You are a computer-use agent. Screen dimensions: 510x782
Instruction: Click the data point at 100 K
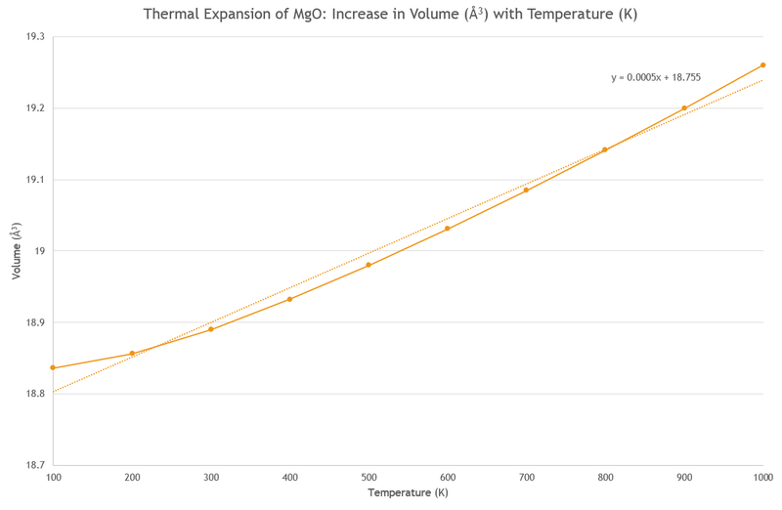pyautogui.click(x=53, y=368)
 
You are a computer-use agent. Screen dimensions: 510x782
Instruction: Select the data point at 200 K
pyautogui.click(x=132, y=354)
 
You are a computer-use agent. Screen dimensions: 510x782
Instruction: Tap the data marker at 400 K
pyautogui.click(x=289, y=299)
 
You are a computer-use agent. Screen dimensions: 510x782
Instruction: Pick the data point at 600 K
pyautogui.click(x=448, y=229)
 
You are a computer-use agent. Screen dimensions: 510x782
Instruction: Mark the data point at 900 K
pyautogui.click(x=684, y=108)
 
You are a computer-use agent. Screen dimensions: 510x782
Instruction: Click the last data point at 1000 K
pyautogui.click(x=762, y=65)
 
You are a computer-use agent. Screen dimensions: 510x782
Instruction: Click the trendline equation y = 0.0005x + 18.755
pyautogui.click(x=656, y=77)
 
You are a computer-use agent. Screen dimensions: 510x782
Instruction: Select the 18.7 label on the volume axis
pyautogui.click(x=34, y=465)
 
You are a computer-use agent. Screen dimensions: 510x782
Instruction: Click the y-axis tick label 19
pyautogui.click(x=40, y=251)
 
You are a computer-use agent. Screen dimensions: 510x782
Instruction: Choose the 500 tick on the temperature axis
pyautogui.click(x=369, y=477)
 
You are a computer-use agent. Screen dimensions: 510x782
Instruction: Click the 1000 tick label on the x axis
pyautogui.click(x=761, y=477)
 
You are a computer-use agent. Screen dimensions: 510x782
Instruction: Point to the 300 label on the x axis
pyautogui.click(x=211, y=477)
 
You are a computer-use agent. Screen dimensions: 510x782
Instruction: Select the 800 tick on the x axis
pyautogui.click(x=605, y=477)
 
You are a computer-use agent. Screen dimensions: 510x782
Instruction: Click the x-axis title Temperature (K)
pyautogui.click(x=408, y=493)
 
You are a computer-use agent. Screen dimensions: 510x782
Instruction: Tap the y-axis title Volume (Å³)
pyautogui.click(x=16, y=251)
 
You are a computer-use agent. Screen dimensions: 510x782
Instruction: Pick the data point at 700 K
pyautogui.click(x=526, y=190)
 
